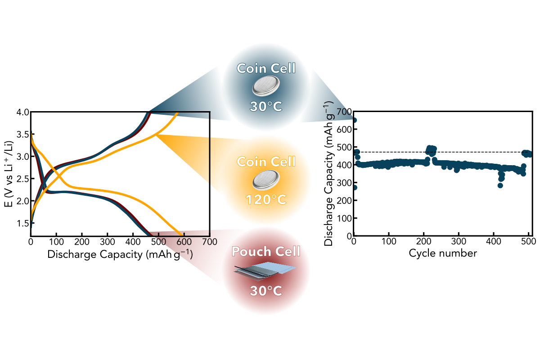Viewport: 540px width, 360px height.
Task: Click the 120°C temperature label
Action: [x=266, y=198]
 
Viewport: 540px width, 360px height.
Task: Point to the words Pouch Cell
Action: [x=265, y=252]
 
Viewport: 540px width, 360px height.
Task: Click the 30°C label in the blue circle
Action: [x=266, y=107]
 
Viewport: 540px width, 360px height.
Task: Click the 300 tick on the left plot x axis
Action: [x=107, y=241]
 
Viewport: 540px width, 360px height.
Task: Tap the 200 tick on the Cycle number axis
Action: [x=424, y=242]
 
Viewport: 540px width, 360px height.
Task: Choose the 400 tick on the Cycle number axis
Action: [x=494, y=242]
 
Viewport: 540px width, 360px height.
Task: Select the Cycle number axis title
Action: [x=442, y=253]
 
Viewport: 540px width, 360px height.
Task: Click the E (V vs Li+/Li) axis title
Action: [x=8, y=173]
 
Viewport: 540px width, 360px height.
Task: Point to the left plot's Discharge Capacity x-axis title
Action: [x=120, y=254]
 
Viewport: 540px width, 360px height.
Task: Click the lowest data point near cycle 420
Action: [x=500, y=185]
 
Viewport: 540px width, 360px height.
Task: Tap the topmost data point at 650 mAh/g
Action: [x=355, y=120]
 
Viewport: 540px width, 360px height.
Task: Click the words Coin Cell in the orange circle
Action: [x=266, y=161]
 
